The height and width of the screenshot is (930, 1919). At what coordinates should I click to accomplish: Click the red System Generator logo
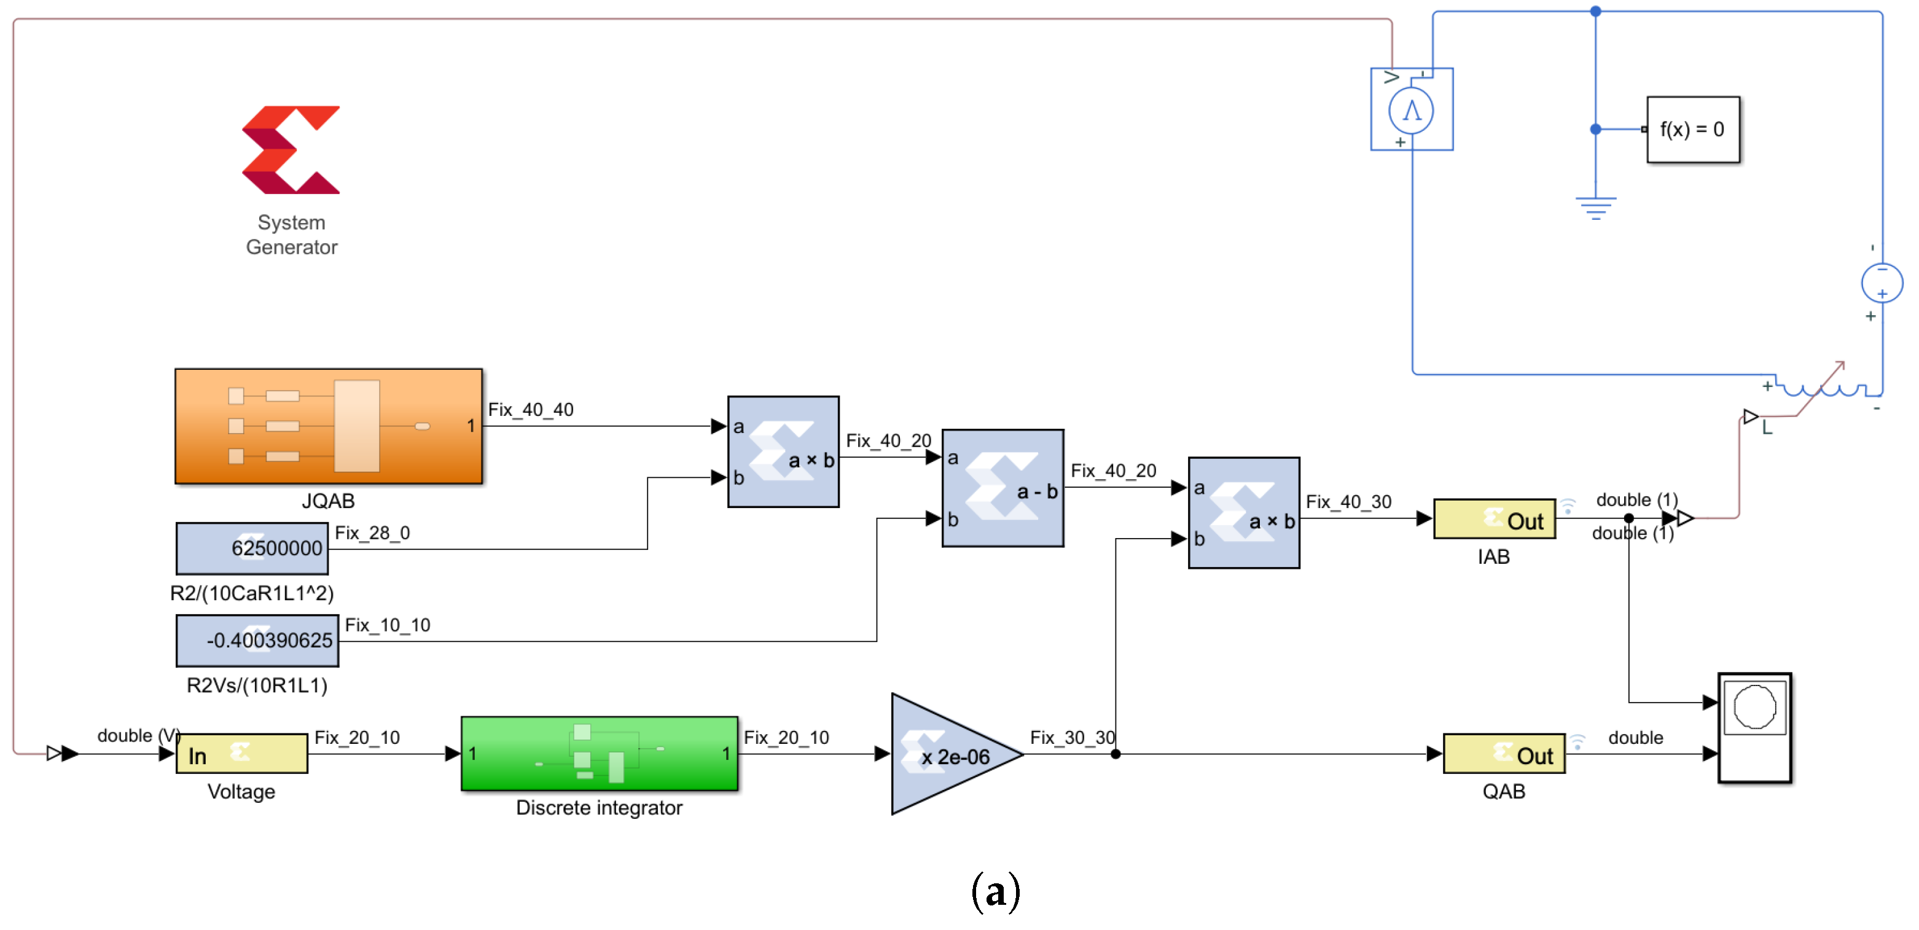(x=291, y=150)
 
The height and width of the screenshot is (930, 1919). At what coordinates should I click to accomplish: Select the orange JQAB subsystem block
(x=329, y=426)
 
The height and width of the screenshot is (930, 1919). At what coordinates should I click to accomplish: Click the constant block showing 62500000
(x=252, y=548)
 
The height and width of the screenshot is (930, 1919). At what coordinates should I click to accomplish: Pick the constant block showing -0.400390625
(x=257, y=640)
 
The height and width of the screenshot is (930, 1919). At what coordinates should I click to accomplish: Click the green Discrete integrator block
(x=599, y=752)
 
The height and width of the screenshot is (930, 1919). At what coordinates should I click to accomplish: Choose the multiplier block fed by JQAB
(x=783, y=451)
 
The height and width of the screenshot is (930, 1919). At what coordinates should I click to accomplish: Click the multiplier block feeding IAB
(x=1243, y=513)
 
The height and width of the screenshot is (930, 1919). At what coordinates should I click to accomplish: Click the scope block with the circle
(x=1754, y=728)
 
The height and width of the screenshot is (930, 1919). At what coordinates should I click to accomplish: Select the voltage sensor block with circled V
(x=1411, y=109)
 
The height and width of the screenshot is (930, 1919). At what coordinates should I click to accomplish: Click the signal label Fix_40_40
(x=530, y=409)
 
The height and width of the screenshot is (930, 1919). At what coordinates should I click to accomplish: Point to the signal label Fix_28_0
(x=372, y=533)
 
